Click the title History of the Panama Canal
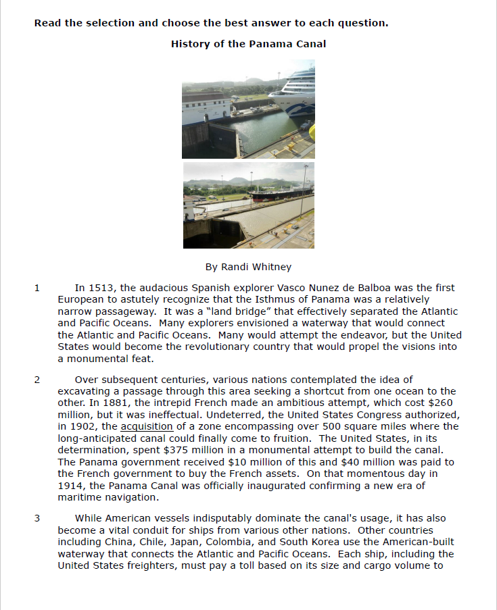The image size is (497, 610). click(248, 44)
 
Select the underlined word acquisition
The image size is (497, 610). click(147, 426)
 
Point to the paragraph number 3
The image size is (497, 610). click(37, 518)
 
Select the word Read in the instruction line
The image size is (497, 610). click(47, 23)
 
